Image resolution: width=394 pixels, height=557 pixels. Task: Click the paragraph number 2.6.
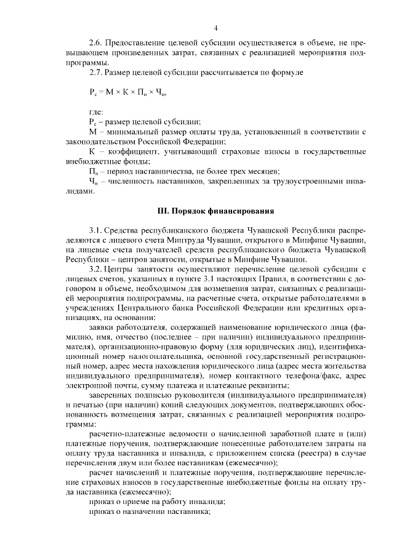click(x=96, y=44)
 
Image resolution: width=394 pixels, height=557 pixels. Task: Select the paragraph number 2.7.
click(x=96, y=73)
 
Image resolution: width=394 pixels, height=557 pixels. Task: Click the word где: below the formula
click(x=97, y=112)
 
